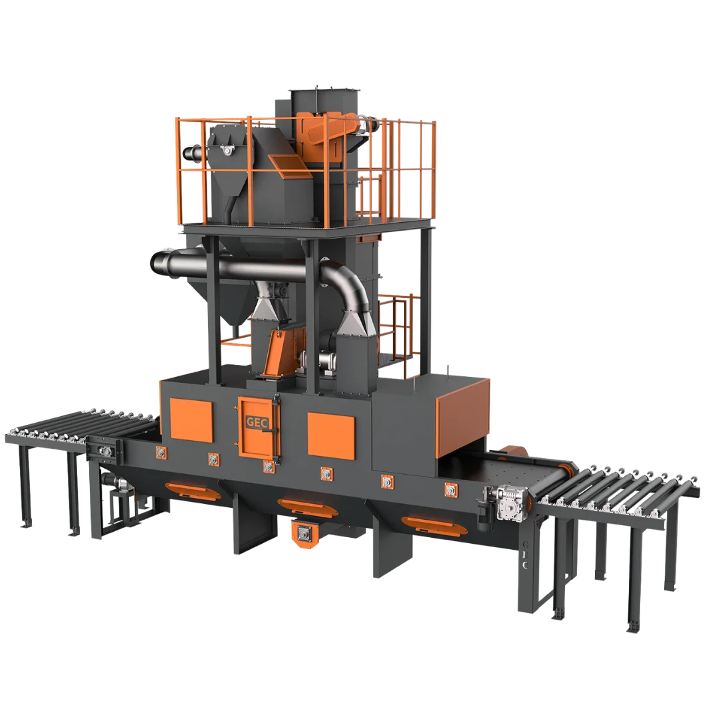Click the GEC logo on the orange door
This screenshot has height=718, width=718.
click(257, 421)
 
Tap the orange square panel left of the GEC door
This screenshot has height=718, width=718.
click(191, 420)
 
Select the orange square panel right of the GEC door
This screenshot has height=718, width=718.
click(331, 435)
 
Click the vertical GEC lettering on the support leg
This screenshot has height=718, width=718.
click(525, 555)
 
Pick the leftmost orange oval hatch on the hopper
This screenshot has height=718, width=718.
click(192, 491)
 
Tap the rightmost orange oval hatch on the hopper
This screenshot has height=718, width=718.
click(434, 525)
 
